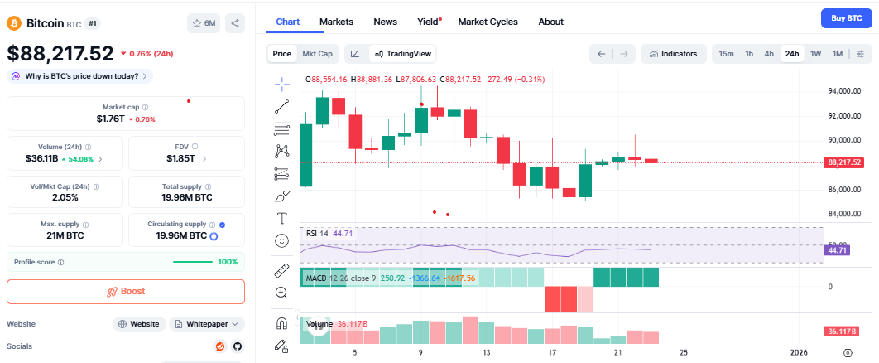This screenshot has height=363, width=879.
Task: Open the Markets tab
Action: [336, 22]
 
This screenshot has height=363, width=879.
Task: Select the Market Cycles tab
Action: [488, 22]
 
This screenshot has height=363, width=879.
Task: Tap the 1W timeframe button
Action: [815, 54]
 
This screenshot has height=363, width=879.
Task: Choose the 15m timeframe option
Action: [726, 54]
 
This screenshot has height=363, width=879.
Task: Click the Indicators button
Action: [673, 54]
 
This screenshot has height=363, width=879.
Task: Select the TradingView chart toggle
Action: [403, 54]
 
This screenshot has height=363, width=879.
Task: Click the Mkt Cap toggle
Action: [317, 54]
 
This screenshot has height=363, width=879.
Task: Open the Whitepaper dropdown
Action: [207, 324]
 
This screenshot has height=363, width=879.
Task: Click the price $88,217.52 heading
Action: [60, 53]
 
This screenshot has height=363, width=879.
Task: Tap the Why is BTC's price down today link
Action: [80, 76]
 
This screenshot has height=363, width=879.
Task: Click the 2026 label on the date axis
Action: [800, 352]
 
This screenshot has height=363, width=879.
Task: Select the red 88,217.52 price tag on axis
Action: [844, 162]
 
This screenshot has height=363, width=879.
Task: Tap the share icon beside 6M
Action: [235, 23]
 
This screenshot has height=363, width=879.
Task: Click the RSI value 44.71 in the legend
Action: [343, 234]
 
